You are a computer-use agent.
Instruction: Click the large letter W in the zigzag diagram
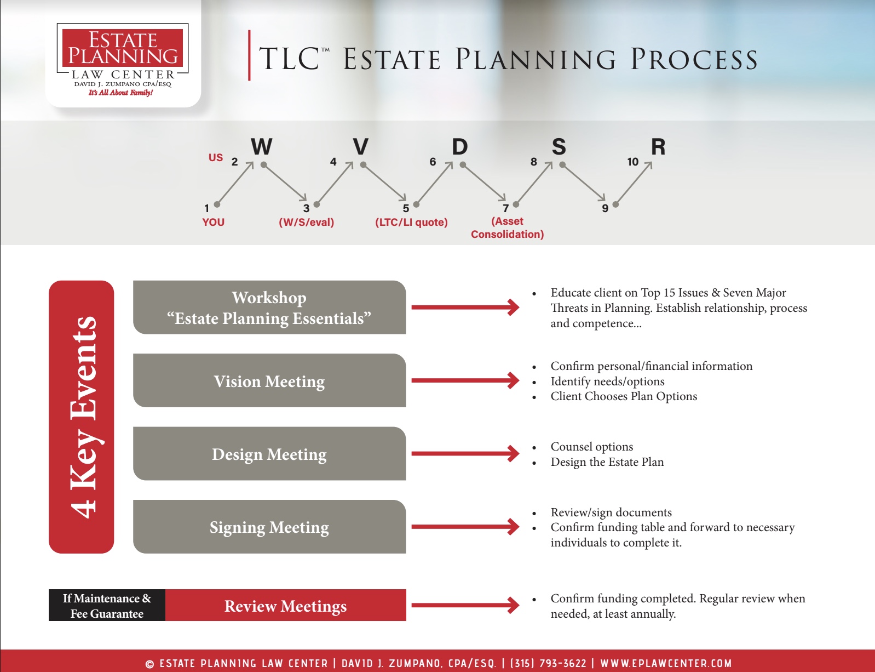point(262,147)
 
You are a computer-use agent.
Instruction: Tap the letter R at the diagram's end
point(658,147)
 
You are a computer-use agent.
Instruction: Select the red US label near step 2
point(215,158)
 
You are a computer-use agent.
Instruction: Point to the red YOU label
point(213,222)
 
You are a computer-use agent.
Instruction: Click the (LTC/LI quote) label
point(411,222)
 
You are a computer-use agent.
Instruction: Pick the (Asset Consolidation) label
point(507,228)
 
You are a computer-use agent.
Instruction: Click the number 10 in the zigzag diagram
point(632,162)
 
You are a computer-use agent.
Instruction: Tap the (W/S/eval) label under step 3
point(306,222)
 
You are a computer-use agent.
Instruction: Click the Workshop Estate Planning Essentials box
point(269,307)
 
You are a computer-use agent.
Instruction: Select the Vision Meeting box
point(269,381)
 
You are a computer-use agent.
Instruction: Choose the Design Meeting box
point(269,454)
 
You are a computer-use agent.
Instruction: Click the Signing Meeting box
point(269,527)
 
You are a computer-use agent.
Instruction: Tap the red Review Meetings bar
point(285,606)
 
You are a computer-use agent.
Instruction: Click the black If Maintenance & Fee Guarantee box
point(107,606)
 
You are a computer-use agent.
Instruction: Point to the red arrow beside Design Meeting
point(464,453)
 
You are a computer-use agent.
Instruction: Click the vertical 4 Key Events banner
point(82,417)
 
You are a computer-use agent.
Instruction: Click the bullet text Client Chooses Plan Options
point(623,396)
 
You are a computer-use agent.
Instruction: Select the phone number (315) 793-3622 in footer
point(548,663)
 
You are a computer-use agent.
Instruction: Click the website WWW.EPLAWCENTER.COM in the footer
point(666,663)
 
